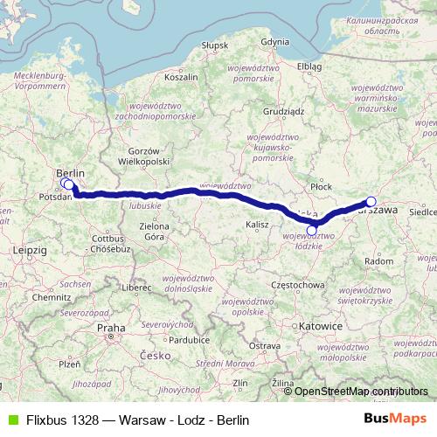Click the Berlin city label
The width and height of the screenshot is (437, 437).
70,173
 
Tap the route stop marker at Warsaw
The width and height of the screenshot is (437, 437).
371,202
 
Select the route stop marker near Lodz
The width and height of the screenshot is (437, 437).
312,230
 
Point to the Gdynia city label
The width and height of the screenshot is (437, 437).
274,41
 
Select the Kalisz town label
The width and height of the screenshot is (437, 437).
258,225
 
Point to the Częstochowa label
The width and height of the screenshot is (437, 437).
298,285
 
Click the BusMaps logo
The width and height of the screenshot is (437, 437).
396,419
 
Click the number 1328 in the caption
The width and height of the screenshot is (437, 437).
80,420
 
